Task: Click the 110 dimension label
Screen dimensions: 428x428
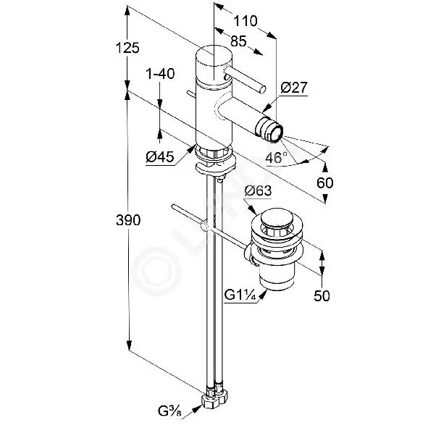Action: pos(245,21)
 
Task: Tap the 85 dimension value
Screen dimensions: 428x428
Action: pos(238,41)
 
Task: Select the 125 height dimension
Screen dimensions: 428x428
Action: pos(127,48)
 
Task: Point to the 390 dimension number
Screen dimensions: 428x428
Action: pos(128,220)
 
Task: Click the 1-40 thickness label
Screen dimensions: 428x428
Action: pos(160,74)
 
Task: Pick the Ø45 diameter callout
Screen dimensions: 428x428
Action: pos(159,157)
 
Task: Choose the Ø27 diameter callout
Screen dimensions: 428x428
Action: pos(294,88)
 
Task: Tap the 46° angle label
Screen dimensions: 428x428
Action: pos(276,157)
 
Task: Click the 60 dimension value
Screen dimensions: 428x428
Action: pos(325,182)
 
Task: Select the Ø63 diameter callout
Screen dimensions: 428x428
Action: pos(259,190)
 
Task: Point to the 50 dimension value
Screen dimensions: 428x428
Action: pos(322,295)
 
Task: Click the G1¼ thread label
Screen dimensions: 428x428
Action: pos(240,295)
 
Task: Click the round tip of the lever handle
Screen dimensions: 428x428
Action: pos(263,89)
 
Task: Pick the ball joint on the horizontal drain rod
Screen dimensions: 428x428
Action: pos(204,226)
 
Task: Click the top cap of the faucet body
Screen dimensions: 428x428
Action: pos(214,56)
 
